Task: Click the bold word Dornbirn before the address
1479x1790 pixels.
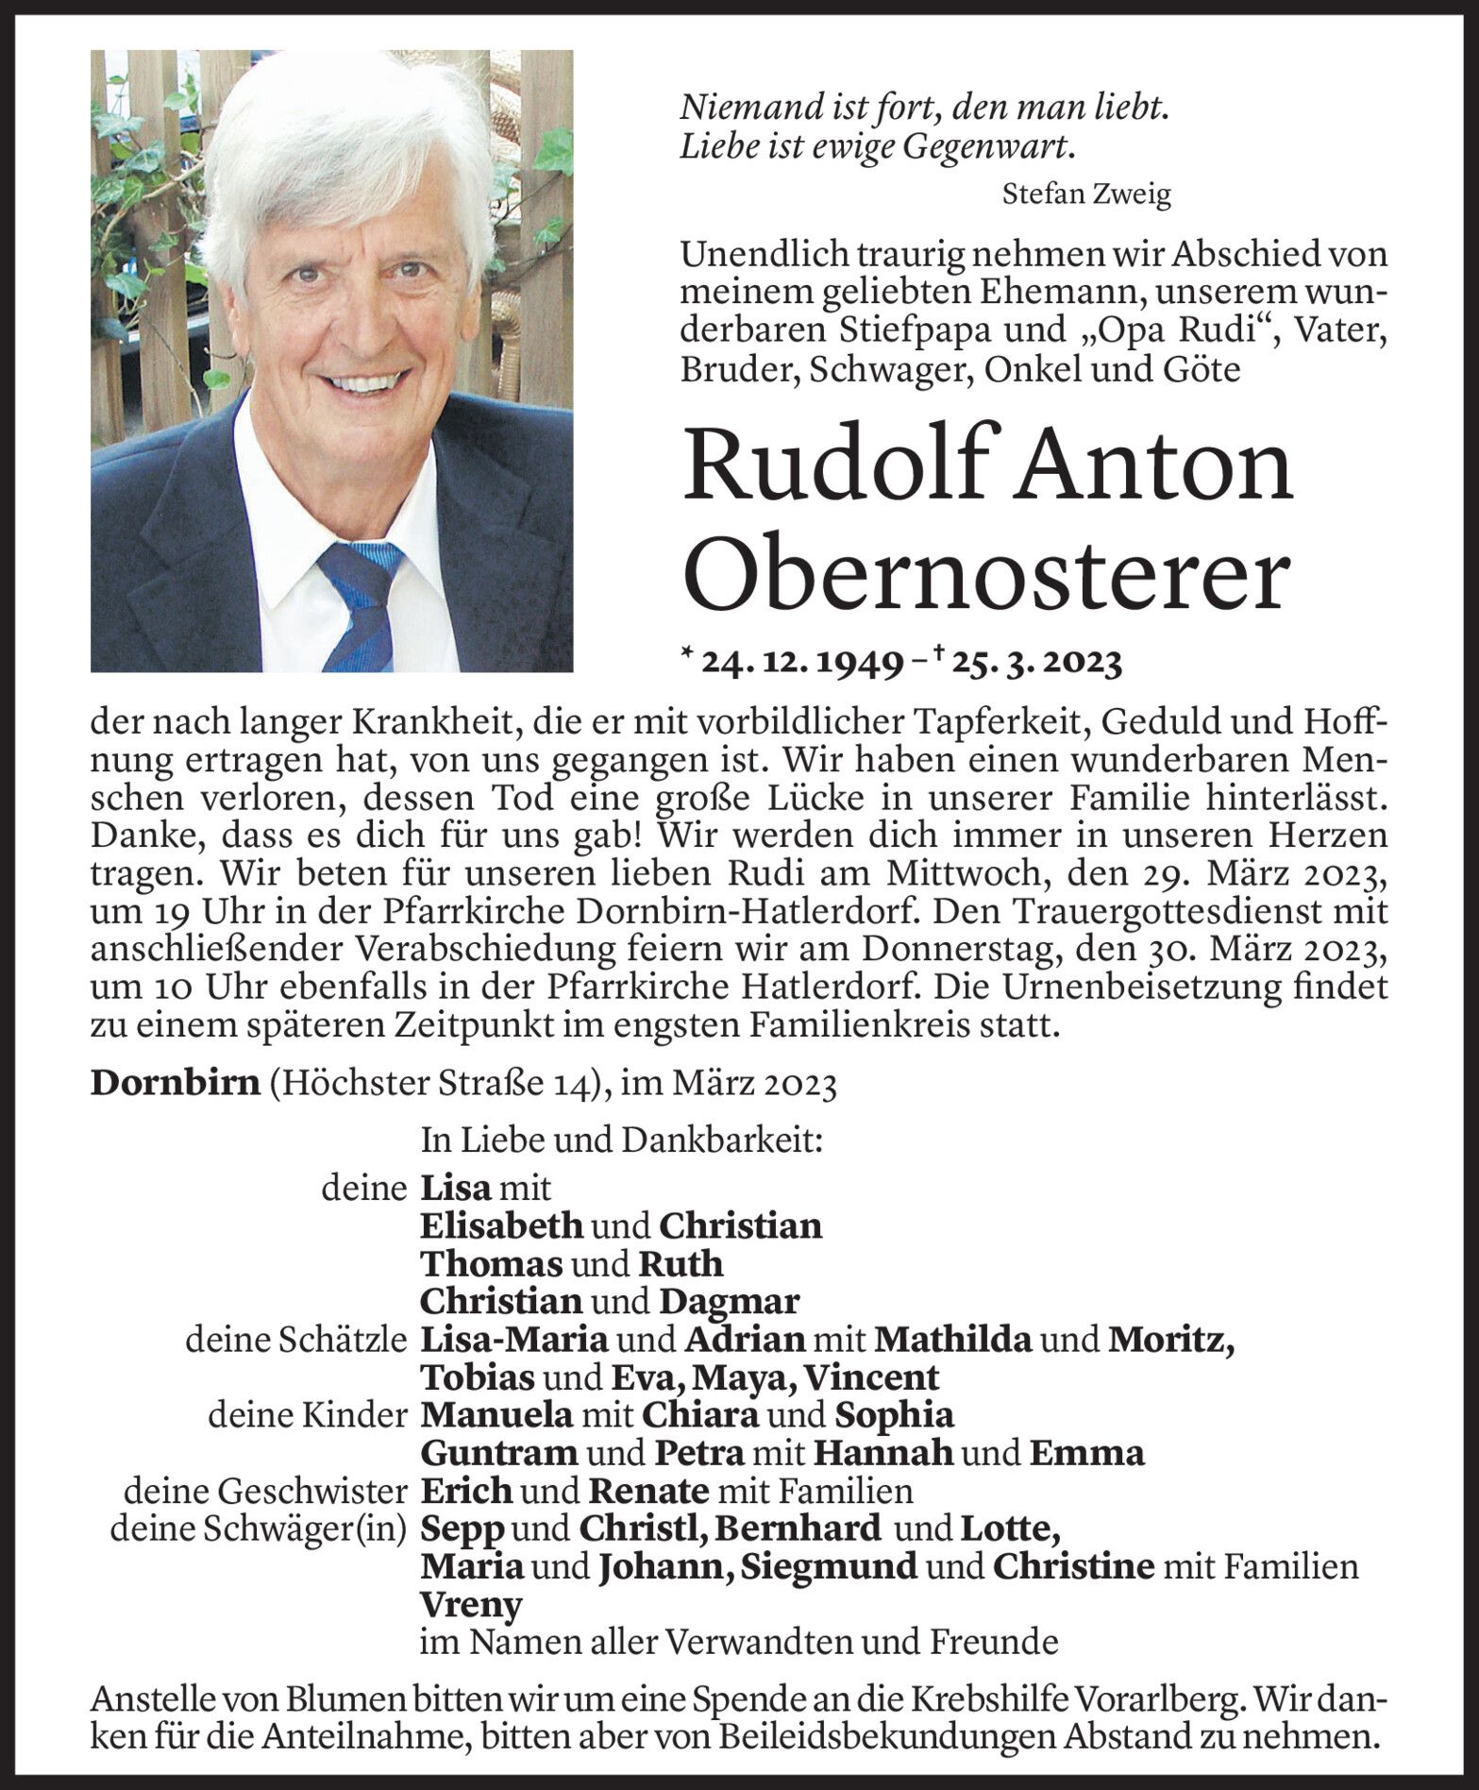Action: pos(175,1083)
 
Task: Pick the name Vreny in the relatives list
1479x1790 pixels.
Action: pos(471,1604)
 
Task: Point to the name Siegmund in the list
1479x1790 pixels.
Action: pos(829,1566)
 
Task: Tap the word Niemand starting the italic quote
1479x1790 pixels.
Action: pos(740,109)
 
